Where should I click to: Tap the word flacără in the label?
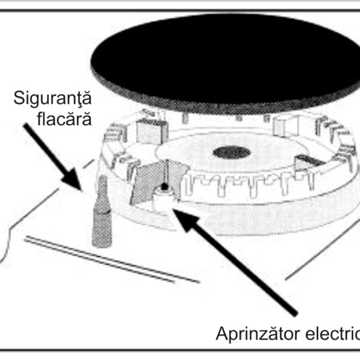coord(70,119)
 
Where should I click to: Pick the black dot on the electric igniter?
coord(164,187)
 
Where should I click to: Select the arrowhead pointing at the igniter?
coord(184,216)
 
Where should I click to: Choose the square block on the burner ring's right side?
coord(286,125)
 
